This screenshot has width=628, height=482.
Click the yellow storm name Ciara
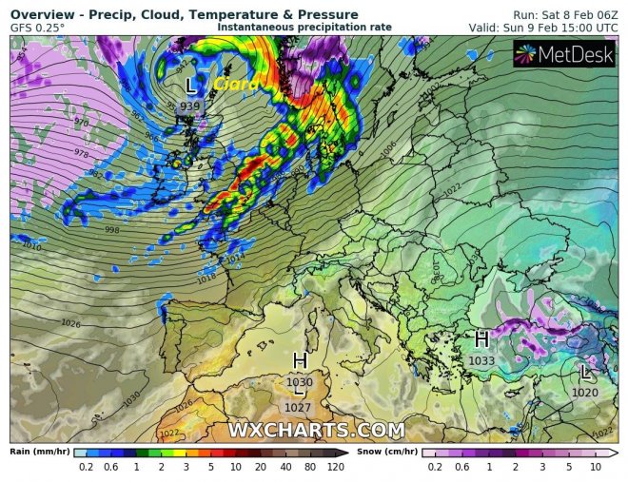point(232,86)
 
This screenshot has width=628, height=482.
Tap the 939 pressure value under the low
point(190,106)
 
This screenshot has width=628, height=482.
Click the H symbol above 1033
point(481,339)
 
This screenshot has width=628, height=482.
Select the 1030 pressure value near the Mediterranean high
point(300,382)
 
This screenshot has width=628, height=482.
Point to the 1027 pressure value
point(300,407)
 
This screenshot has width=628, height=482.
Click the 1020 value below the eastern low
point(586,392)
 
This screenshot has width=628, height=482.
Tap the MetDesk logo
point(564,56)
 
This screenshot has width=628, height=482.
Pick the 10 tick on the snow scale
point(595,468)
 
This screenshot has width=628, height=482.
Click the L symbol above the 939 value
point(190,86)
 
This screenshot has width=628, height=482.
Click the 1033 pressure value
point(481,360)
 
